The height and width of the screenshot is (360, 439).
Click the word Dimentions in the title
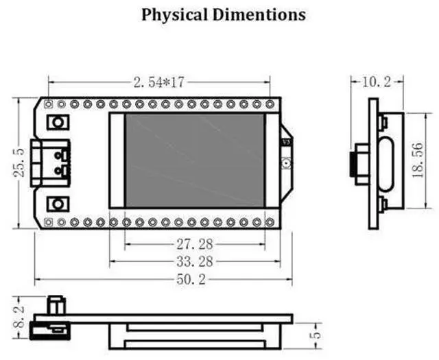[x=259, y=14]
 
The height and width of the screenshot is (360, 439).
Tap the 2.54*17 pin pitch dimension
[x=158, y=82]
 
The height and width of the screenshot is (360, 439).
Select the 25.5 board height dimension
[x=19, y=163]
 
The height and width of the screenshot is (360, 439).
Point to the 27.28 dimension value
[x=195, y=244]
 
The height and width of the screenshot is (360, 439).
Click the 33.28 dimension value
[x=195, y=262]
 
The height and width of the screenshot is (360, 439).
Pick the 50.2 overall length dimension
[x=191, y=279]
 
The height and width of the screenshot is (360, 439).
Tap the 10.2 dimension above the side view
[x=377, y=82]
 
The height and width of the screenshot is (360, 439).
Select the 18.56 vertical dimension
[x=418, y=160]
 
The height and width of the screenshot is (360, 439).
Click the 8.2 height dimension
[x=19, y=317]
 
